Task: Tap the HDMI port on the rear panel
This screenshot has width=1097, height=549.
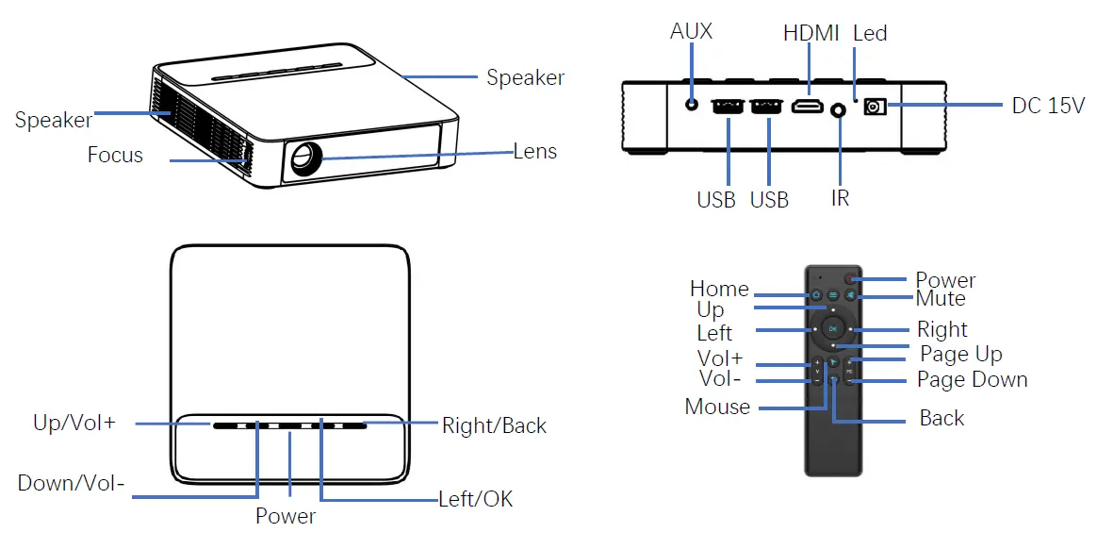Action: pyautogui.click(x=807, y=108)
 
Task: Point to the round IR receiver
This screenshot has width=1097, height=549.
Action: pyautogui.click(x=839, y=112)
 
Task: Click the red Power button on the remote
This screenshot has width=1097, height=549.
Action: pyautogui.click(x=850, y=279)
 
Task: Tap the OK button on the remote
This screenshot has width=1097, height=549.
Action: pyautogui.click(x=833, y=328)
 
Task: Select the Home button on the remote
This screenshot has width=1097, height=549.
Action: pyautogui.click(x=817, y=294)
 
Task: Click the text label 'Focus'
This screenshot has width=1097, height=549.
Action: pyautogui.click(x=115, y=155)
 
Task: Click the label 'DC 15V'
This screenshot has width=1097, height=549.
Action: pyautogui.click(x=1048, y=106)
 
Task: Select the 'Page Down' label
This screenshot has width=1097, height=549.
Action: pyautogui.click(x=972, y=380)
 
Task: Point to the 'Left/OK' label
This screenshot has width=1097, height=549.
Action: pyautogui.click(x=476, y=499)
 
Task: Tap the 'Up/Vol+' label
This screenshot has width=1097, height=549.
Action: pyautogui.click(x=74, y=424)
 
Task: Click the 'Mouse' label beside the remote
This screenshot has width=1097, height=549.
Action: pyautogui.click(x=717, y=408)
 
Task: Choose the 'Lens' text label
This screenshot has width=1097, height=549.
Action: pyautogui.click(x=534, y=151)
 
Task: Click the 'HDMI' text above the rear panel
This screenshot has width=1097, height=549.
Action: pyautogui.click(x=810, y=34)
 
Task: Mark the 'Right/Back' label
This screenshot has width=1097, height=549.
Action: pyautogui.click(x=494, y=426)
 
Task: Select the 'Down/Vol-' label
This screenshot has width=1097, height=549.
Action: pyautogui.click(x=72, y=484)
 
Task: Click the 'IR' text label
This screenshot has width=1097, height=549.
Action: pyautogui.click(x=840, y=199)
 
